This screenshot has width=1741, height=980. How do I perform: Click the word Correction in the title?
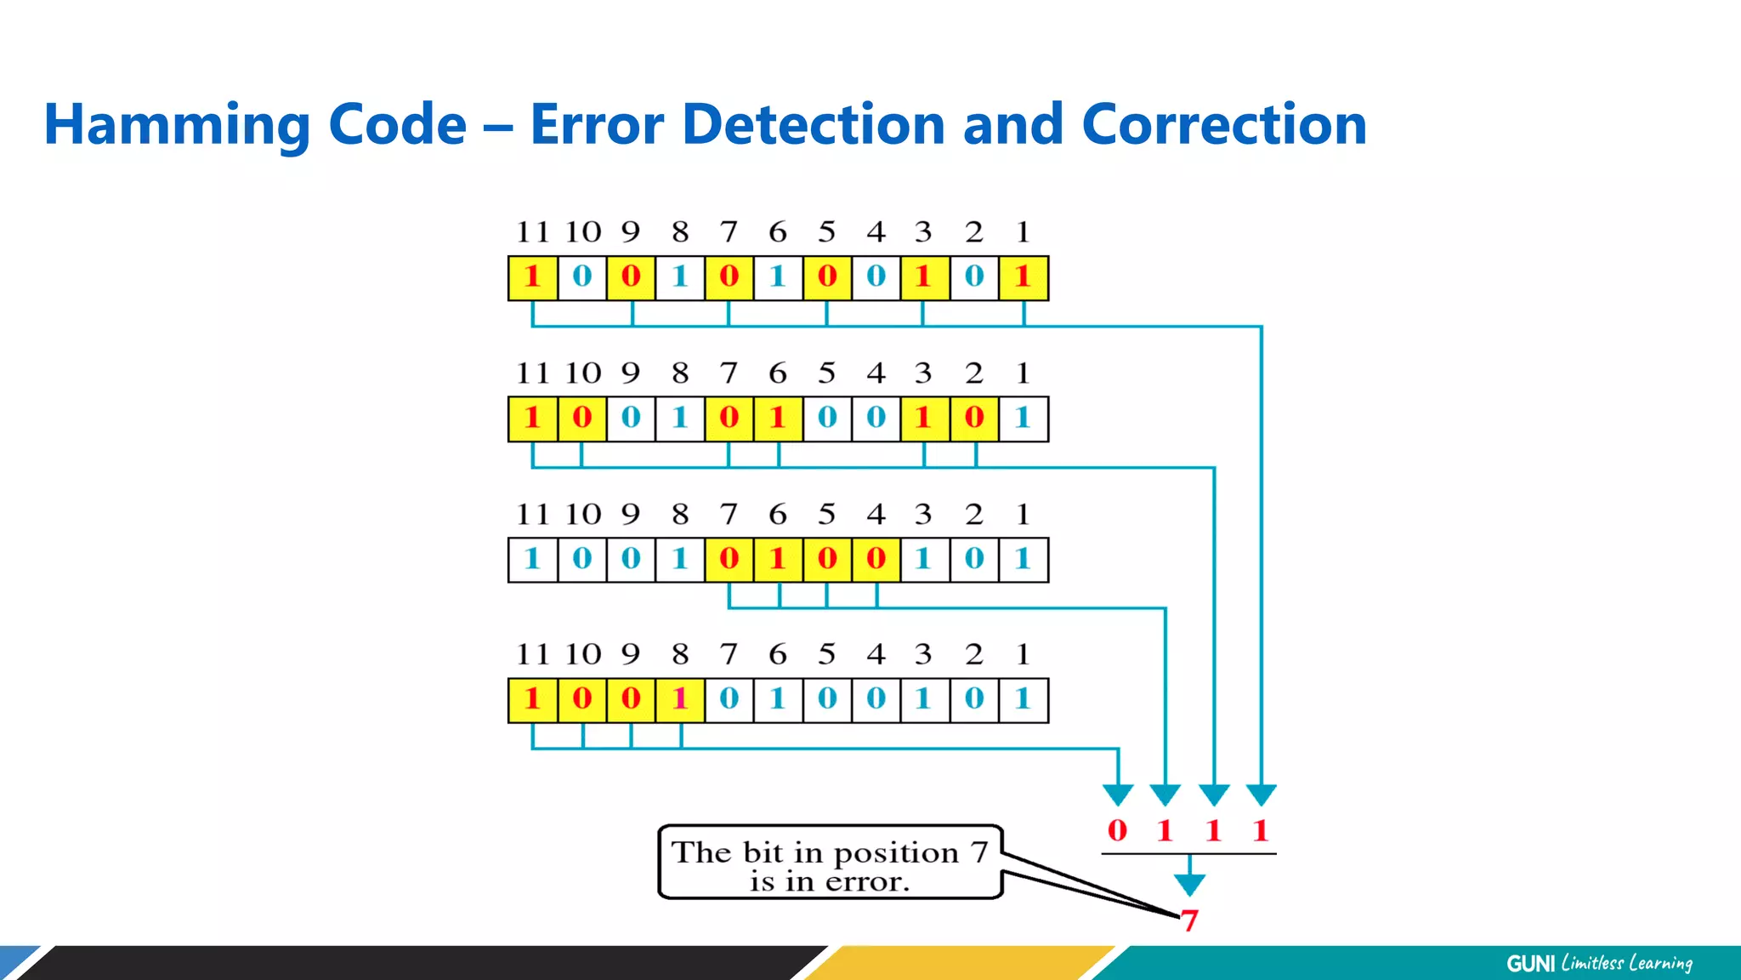[1224, 124]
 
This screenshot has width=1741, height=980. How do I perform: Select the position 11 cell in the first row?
[533, 277]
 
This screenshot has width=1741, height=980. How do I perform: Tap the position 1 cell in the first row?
[1024, 277]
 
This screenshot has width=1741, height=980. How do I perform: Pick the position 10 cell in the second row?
[582, 419]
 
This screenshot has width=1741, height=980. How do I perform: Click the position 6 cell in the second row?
[778, 419]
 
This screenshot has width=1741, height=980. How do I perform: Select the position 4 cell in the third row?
[876, 560]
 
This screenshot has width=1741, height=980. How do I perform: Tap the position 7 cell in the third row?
[729, 560]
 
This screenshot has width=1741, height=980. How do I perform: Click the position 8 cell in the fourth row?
[680, 700]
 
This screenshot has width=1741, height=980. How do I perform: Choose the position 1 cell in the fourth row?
[1024, 700]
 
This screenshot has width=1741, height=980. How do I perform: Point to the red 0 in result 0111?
[1117, 830]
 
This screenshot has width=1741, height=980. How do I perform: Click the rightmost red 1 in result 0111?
[1261, 830]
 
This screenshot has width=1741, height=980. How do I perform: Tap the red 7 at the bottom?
[1189, 920]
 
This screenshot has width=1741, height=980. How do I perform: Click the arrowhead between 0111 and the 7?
[1189, 886]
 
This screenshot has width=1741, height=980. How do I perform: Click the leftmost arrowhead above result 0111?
[1118, 795]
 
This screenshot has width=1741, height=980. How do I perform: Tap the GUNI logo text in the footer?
[1530, 963]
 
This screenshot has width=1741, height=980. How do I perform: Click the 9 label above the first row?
[630, 231]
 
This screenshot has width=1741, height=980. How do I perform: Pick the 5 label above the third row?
[826, 514]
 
